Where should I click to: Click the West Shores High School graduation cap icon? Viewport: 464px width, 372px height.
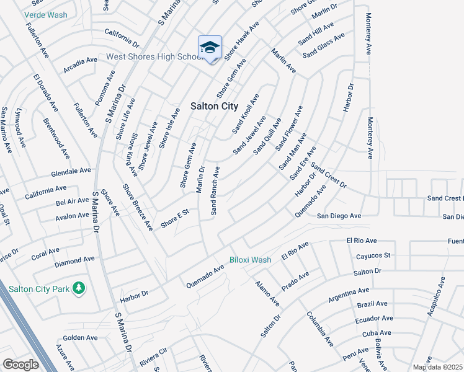[210, 48]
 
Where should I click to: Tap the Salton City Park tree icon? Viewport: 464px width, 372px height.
[78, 288]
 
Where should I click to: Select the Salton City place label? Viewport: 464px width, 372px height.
[213, 107]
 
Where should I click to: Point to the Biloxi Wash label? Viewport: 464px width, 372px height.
[250, 260]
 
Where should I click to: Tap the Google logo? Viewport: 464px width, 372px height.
[20, 365]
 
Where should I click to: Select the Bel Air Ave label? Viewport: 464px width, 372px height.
[73, 201]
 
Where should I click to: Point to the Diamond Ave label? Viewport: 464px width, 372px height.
[74, 261]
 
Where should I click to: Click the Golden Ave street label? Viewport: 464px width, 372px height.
[80, 338]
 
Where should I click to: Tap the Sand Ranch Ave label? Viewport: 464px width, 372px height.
[215, 190]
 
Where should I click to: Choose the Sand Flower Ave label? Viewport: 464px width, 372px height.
[289, 127]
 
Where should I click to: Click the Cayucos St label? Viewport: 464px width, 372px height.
[373, 255]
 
